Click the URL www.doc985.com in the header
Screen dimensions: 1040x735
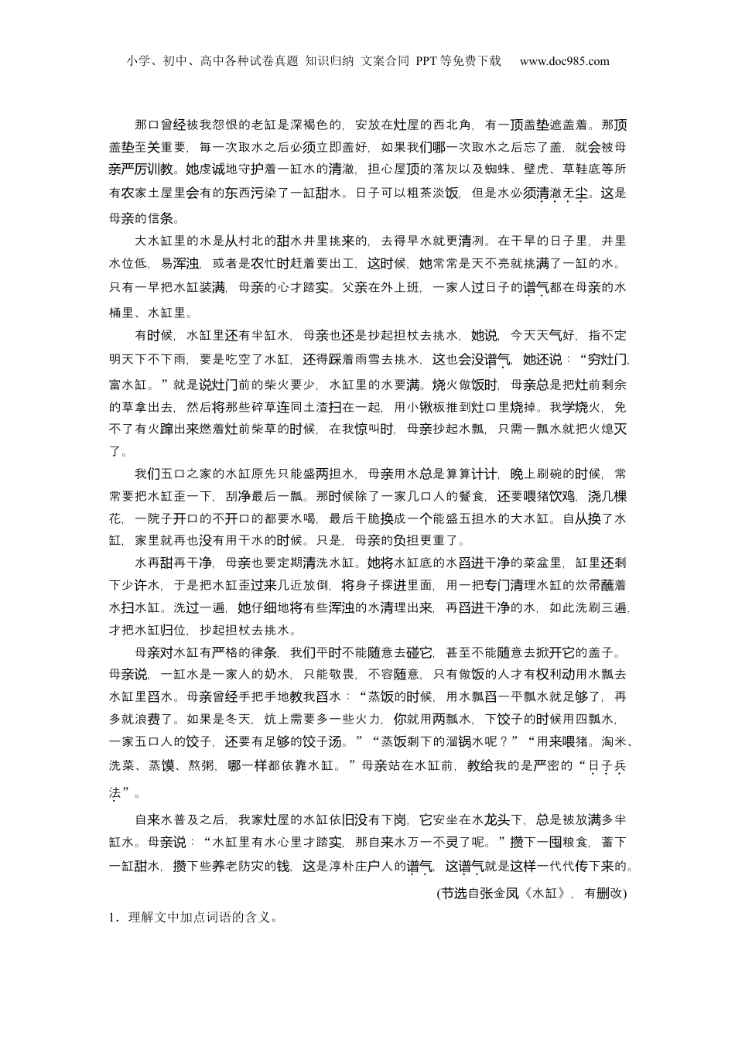[564, 61]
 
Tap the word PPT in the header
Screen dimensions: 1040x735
[428, 61]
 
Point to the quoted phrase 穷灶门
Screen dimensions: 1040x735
[603, 359]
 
